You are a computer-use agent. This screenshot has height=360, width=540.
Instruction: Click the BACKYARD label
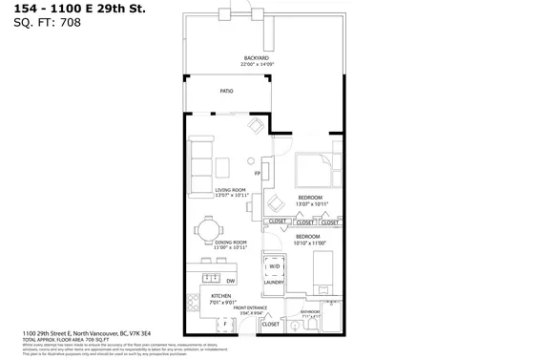[x=256, y=59]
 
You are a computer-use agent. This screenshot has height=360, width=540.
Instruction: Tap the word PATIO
[x=226, y=92]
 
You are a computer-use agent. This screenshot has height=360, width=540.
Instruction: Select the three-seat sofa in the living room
[x=200, y=164]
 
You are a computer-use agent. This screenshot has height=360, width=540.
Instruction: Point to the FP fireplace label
[x=258, y=173]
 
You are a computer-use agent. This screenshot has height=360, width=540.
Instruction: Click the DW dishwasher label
[x=231, y=280]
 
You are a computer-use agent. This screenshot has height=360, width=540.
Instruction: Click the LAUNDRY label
[x=273, y=283]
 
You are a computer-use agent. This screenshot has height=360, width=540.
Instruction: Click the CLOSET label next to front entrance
[x=270, y=325]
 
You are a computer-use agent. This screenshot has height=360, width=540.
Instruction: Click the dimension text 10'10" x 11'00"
[x=308, y=243]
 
